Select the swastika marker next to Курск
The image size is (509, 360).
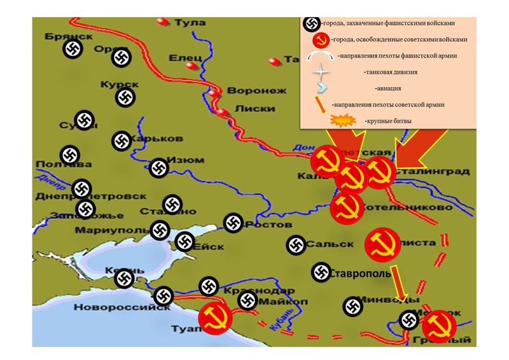(x=125, y=97)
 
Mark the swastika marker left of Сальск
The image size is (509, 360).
(x=295, y=245)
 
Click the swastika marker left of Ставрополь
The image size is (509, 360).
(x=320, y=272)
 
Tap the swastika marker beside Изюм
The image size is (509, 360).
(x=158, y=168)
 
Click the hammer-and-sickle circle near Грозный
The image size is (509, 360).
(x=438, y=326)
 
